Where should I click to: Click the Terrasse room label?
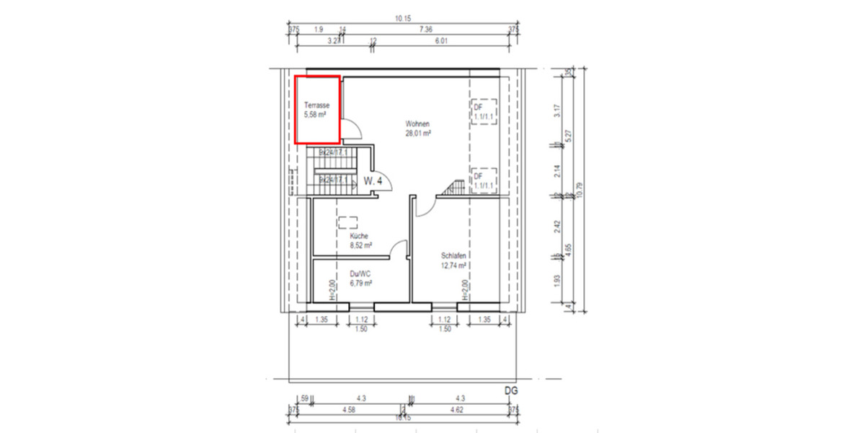(316, 105)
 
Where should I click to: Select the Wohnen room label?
(417, 124)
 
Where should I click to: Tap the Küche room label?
(360, 236)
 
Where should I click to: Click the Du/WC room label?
(360, 274)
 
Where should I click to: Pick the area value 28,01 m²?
(417, 134)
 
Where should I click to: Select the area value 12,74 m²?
(455, 265)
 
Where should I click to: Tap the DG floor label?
(512, 390)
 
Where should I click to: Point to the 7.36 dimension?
(425, 30)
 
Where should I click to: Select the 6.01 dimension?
(441, 42)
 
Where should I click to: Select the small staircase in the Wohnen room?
(453, 188)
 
